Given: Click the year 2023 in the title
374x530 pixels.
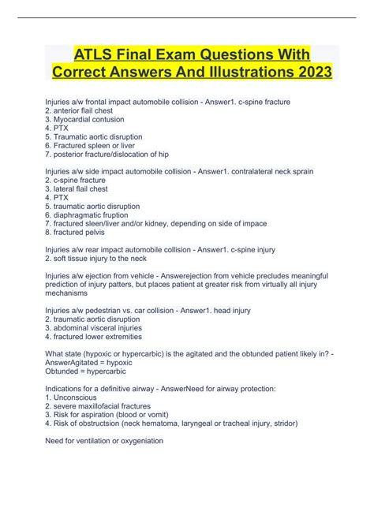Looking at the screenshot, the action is (309, 72).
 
